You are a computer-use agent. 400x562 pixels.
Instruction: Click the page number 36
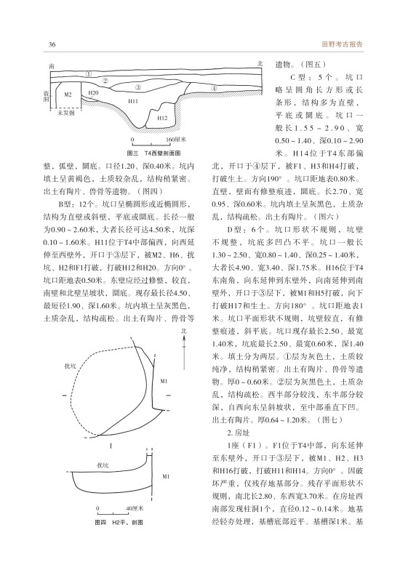point(52,44)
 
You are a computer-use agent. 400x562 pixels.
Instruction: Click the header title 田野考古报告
point(343,44)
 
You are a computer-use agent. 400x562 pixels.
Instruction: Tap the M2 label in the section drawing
point(68,95)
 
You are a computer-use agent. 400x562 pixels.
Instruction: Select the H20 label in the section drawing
point(93,93)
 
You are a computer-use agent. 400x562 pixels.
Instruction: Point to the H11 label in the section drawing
point(133,101)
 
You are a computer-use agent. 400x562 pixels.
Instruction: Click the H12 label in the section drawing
point(162,118)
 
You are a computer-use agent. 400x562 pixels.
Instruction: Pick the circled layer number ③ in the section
point(138,87)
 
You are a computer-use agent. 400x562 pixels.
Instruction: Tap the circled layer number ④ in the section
point(214,88)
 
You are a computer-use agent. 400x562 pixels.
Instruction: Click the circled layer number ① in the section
point(88,74)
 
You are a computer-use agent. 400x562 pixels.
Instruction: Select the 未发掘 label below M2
point(66,113)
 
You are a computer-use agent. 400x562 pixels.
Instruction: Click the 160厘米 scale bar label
point(176,140)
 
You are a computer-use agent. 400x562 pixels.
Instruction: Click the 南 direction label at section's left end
point(52,66)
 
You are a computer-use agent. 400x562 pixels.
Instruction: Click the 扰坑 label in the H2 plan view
point(70,366)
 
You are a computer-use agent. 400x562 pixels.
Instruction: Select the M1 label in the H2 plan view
point(164,381)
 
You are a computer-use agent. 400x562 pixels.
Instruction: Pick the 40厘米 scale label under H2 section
point(135,508)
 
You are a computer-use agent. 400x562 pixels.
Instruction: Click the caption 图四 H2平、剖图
point(119,522)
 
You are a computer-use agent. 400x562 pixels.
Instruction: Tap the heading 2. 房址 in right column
point(239,433)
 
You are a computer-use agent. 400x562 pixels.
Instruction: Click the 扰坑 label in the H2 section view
point(103,465)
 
